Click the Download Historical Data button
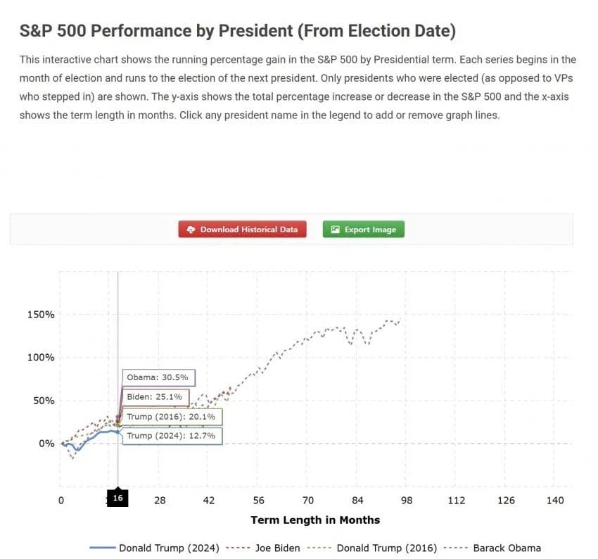click(x=242, y=230)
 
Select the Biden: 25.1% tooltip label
click(x=156, y=397)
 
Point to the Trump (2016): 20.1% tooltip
click(x=172, y=417)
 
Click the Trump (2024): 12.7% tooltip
click(x=172, y=436)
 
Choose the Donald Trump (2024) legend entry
click(x=155, y=548)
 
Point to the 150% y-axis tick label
click(x=41, y=314)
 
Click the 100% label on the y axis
click(x=41, y=358)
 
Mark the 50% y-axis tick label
click(x=44, y=401)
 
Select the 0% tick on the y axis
click(x=46, y=444)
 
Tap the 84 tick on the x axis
click(x=357, y=501)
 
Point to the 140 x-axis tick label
click(x=555, y=501)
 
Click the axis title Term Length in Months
click(x=315, y=520)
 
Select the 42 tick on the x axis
click(x=209, y=501)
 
